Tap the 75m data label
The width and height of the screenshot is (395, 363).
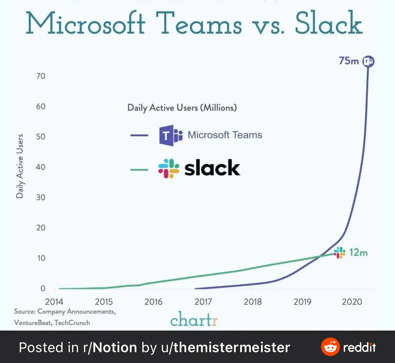349,61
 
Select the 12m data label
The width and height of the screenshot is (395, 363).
358,253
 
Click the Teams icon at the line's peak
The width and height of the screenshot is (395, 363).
369,61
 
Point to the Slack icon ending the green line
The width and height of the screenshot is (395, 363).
339,253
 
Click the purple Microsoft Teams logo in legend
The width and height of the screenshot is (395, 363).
170,135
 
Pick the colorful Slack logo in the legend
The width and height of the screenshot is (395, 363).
169,168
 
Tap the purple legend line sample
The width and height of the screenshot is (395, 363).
139,136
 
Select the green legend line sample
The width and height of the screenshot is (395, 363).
139,169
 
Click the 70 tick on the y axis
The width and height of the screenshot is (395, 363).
41,76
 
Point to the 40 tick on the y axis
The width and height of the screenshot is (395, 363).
41,167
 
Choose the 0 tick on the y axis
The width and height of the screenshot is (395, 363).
43,288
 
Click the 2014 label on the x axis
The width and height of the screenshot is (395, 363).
55,302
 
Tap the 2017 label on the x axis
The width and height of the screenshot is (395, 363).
203,302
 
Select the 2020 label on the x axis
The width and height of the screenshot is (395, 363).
352,302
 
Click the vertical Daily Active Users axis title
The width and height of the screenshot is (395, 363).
20,166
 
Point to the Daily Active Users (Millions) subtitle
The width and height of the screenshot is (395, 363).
182,108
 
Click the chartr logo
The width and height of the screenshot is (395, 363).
194,319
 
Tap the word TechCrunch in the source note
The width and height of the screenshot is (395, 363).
72,322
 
